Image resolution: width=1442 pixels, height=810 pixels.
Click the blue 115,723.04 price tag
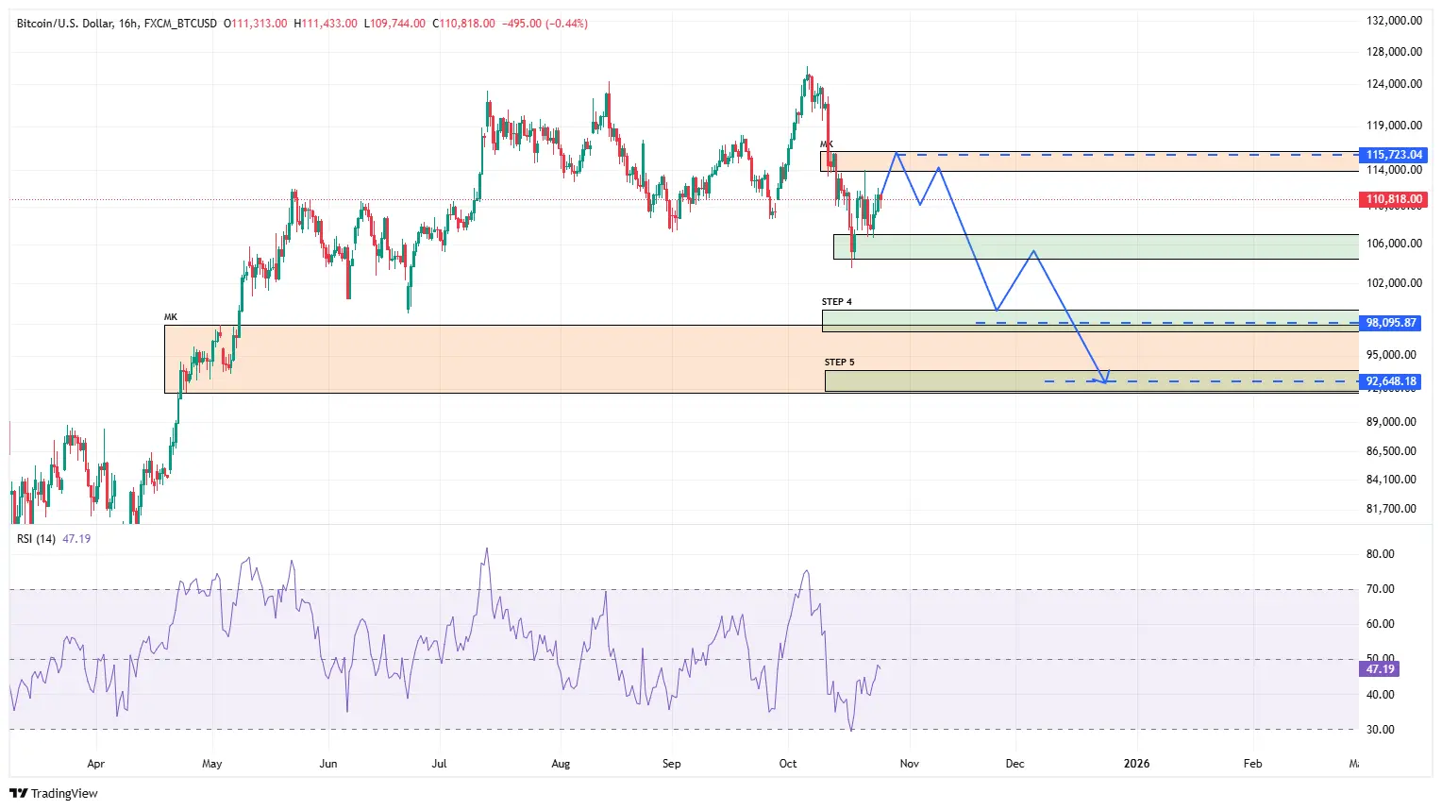1394,155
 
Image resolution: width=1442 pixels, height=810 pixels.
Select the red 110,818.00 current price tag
1394,199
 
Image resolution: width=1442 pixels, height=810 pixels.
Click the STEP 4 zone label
836,302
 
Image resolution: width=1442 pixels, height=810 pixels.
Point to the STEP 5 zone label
839,363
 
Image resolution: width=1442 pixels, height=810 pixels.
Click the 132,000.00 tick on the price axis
1394,21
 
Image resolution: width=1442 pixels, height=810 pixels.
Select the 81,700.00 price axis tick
1391,509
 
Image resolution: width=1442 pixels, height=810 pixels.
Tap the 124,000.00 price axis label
1394,84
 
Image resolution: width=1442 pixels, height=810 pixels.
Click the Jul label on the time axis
439,764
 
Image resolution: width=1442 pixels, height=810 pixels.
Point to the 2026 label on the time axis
1136,764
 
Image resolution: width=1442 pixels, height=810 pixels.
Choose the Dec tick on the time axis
1014,764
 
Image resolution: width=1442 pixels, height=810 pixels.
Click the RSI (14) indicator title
36,539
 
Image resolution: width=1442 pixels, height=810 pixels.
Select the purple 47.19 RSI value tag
1380,669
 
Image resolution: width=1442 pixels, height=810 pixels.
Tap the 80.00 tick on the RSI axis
1380,554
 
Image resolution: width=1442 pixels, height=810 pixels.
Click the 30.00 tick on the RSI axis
1380,730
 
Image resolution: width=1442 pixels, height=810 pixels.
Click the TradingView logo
54,793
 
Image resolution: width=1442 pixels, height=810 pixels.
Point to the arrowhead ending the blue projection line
1105,380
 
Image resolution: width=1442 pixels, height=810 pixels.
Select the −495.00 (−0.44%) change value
544,24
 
